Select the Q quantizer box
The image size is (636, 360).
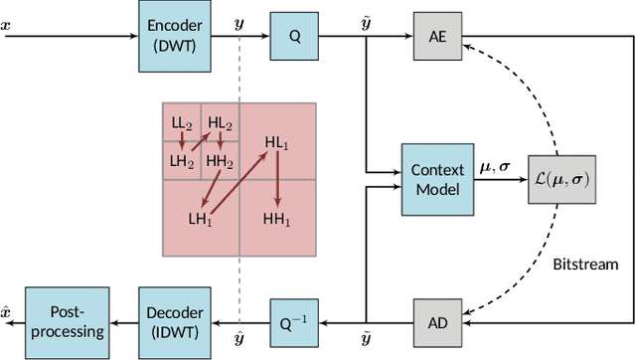[293, 36]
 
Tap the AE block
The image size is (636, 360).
[436, 36]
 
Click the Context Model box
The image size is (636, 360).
[436, 179]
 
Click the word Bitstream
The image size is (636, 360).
[586, 265]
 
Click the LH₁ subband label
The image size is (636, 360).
[201, 218]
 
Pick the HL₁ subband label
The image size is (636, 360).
[277, 142]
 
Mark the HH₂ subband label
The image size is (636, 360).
[220, 160]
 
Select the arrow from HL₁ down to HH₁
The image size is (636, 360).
[277, 180]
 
